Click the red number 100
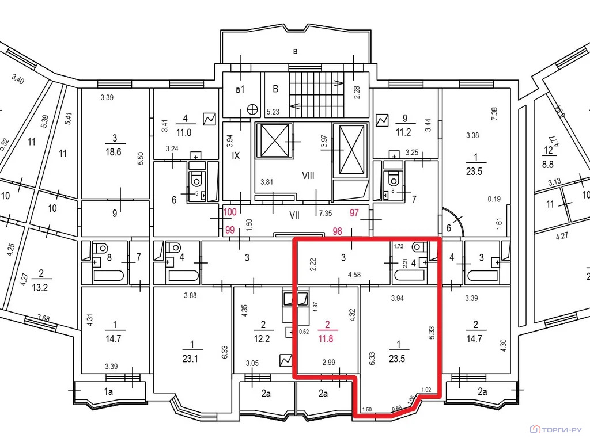tap(230, 213)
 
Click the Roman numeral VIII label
tap(308, 176)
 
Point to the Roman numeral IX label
tap(235, 155)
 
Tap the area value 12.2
tap(262, 338)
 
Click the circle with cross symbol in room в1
tap(252, 109)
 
